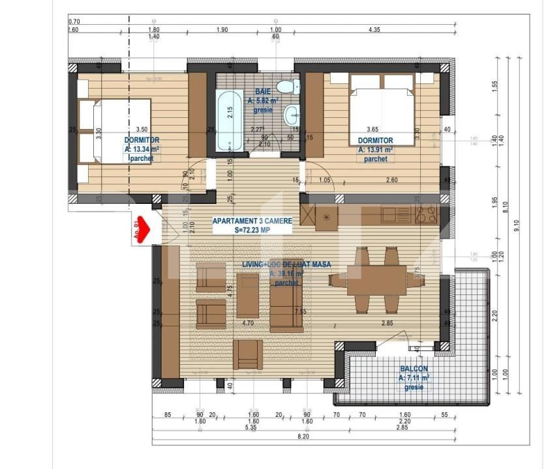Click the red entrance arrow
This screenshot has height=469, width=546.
coord(143,229)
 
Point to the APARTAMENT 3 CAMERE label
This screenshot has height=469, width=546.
coord(252,221)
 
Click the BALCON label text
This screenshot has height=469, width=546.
coord(414,369)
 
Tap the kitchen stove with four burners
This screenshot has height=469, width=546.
coord(425,214)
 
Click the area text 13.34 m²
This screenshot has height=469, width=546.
coord(142,149)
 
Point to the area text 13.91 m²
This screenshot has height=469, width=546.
coord(376,150)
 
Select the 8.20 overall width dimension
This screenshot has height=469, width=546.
coord(303,436)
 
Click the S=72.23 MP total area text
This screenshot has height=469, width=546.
coord(252,230)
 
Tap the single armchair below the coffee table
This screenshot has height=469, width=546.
coord(248,354)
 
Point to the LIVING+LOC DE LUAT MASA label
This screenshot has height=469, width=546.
coord(286,264)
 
